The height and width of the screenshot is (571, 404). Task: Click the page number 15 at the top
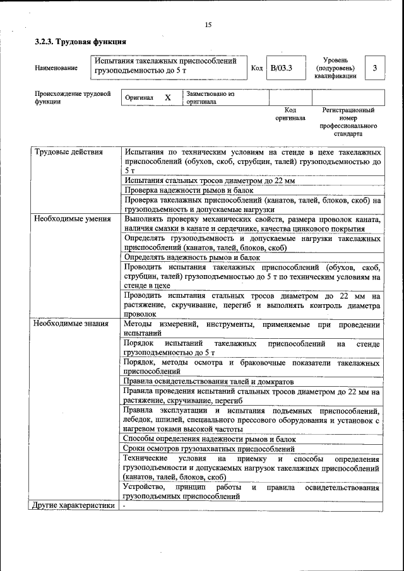(208, 25)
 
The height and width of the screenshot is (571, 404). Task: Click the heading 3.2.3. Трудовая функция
(80, 42)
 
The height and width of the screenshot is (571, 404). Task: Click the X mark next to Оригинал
(167, 98)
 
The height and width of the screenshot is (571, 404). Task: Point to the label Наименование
(56, 68)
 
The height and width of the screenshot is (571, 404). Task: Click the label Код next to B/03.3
(256, 68)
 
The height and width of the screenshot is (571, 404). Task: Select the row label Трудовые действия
(65, 153)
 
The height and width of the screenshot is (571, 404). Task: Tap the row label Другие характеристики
(74, 506)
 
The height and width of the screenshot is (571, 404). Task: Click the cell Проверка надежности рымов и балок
(189, 190)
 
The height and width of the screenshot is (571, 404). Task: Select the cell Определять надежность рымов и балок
(192, 257)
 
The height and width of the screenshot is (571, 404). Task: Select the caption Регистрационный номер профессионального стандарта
(348, 122)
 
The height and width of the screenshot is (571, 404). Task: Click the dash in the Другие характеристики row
(125, 506)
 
